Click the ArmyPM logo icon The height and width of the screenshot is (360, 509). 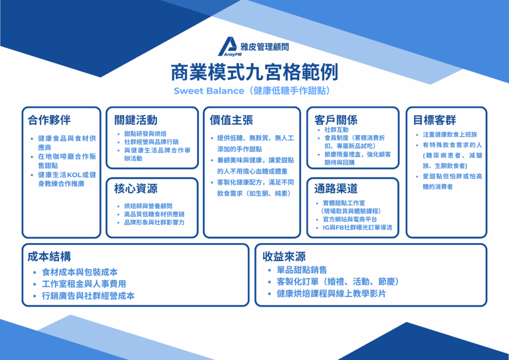pyautogui.click(x=227, y=46)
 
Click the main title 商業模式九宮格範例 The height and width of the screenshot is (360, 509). pyautogui.click(x=254, y=73)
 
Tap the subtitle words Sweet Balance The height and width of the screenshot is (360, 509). pyautogui.click(x=208, y=90)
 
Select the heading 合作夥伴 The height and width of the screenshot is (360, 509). pyautogui.click(x=49, y=120)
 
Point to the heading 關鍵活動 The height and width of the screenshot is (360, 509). pyautogui.click(x=136, y=120)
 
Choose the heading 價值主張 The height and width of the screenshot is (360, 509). pyautogui.click(x=232, y=120)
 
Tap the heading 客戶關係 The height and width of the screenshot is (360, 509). pyautogui.click(x=336, y=120)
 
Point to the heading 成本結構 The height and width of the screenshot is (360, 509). pyautogui.click(x=49, y=257)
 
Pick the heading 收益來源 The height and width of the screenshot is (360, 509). pyautogui.click(x=284, y=257)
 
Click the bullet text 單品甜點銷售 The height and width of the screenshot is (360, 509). pyautogui.click(x=302, y=270)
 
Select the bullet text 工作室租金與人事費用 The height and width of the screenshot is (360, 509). pyautogui.click(x=84, y=284)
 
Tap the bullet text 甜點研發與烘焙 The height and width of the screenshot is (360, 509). pyautogui.click(x=146, y=134)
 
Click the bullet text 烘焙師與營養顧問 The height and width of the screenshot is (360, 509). pyautogui.click(x=148, y=206)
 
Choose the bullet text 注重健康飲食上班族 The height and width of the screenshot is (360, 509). pyautogui.click(x=450, y=134)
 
